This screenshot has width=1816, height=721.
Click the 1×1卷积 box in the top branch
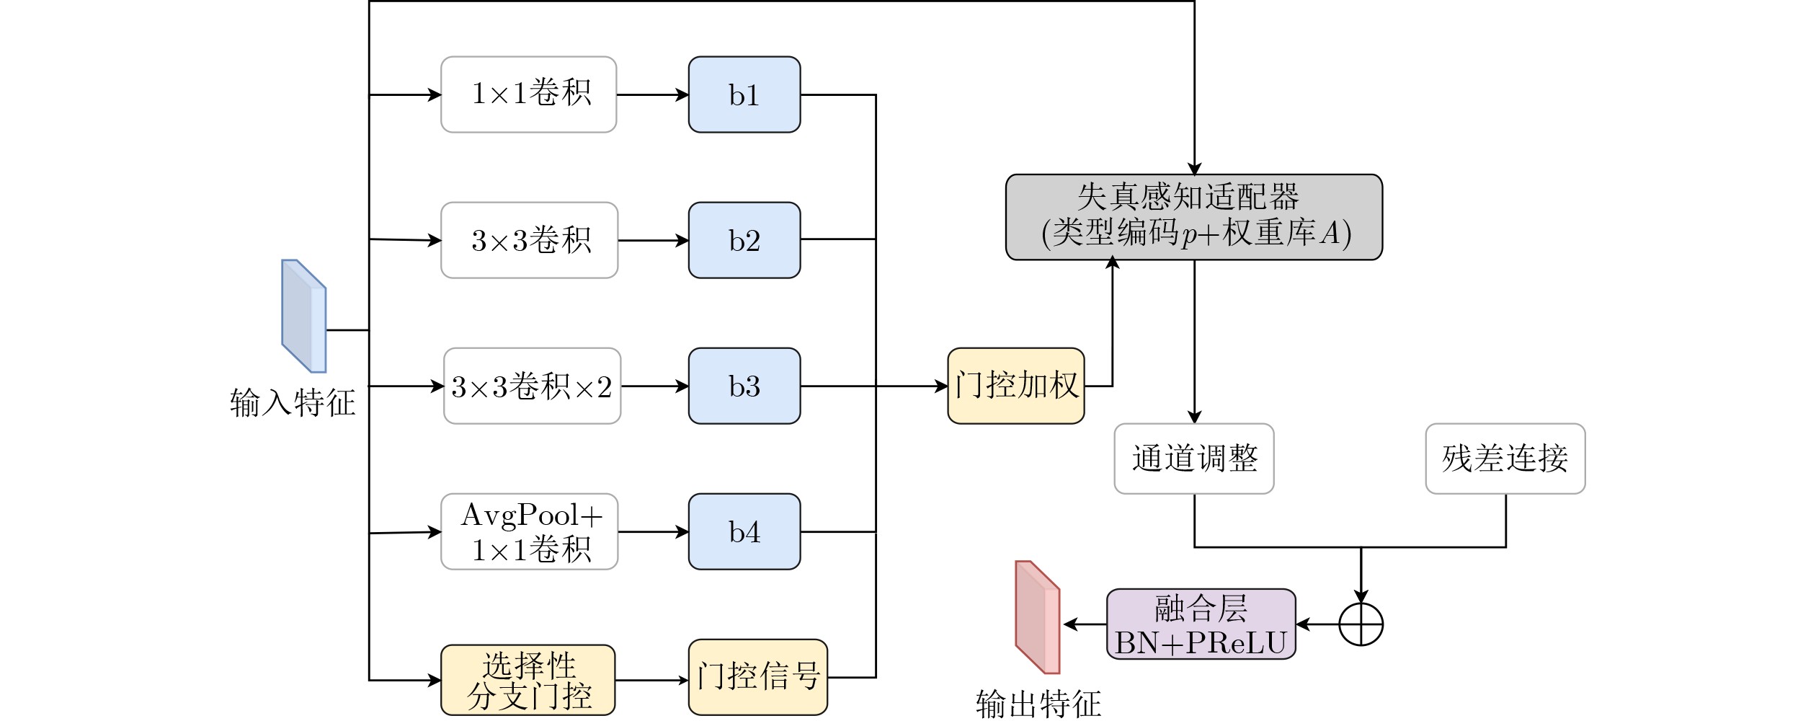coord(528,94)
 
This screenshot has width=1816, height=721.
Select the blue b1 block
coord(744,94)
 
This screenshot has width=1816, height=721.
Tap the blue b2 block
coord(744,240)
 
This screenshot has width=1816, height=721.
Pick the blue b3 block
coord(744,386)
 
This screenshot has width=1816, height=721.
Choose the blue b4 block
coord(744,531)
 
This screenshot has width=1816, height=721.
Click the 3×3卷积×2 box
coord(532,386)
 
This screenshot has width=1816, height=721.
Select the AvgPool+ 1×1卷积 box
coord(529,531)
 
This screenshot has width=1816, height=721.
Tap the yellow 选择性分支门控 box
coord(528,680)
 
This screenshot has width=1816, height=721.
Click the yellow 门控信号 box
coord(757,677)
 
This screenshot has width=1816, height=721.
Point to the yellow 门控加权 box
coord(1015,386)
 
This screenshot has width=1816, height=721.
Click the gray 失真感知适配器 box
coord(1193,216)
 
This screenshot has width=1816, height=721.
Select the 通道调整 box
coord(1193,459)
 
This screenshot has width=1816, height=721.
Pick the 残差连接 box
coord(1505,459)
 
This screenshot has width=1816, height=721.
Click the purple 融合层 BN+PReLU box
coord(1201,624)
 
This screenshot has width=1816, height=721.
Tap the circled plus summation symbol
coord(1361,624)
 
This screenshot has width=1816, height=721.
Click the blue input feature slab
coord(303,316)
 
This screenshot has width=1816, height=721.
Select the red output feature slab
coord(1037,617)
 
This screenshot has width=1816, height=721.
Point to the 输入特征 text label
coord(293,402)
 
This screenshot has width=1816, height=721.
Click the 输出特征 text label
coord(1038,704)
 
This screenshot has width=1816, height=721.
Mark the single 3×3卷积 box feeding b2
coord(529,240)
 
